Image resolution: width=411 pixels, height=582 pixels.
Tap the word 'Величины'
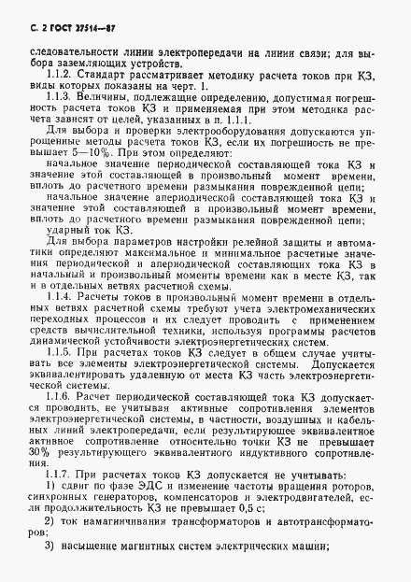104,97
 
